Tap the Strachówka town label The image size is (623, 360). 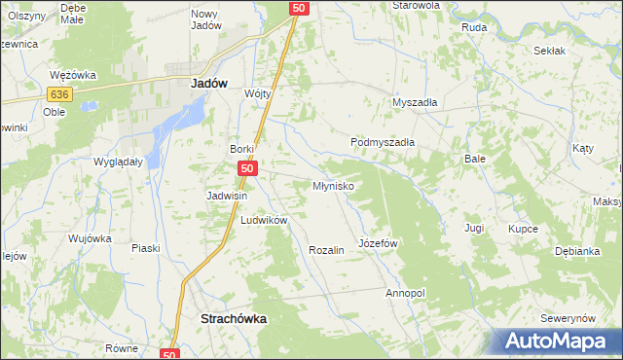[233, 318]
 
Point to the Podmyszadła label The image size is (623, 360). [383, 142]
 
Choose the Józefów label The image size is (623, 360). [380, 242]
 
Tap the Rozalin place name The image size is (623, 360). [326, 250]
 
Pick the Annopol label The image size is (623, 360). [406, 293]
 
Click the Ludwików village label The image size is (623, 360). [264, 221]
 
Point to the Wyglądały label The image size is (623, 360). [118, 162]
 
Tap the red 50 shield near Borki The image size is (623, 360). [247, 169]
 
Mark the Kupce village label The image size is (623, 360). [523, 229]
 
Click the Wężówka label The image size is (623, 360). [70, 74]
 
